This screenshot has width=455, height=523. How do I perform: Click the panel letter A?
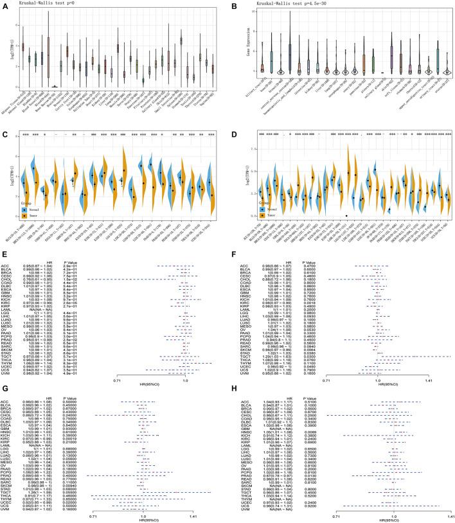tap(4, 4)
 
